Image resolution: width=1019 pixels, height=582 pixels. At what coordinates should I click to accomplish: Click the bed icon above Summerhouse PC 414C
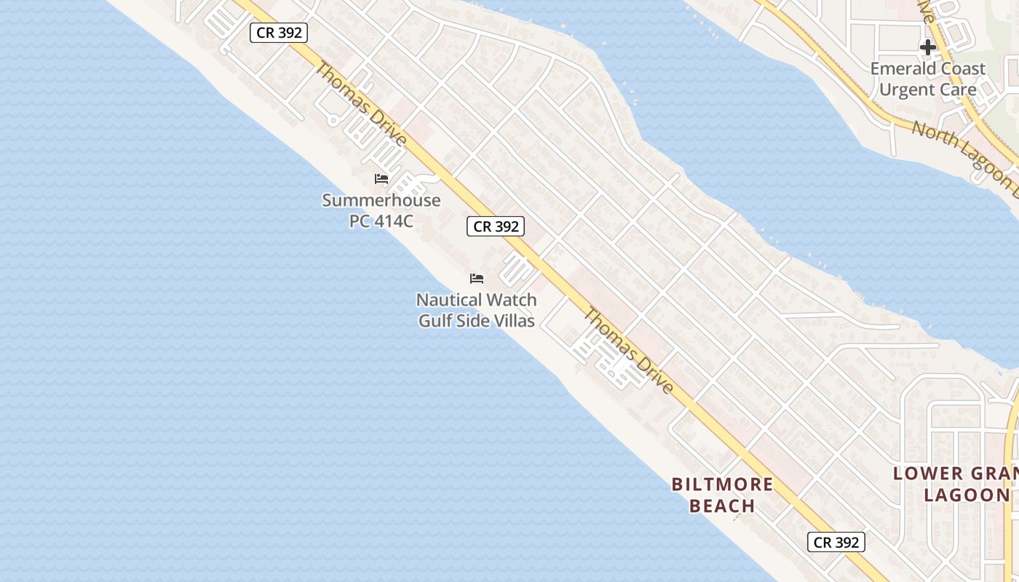[381, 179]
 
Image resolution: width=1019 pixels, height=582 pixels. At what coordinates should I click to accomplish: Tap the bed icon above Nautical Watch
[477, 278]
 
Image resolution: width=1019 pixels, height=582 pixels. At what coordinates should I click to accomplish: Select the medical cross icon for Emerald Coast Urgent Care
[927, 47]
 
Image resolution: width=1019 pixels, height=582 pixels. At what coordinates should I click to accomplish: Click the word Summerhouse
[381, 200]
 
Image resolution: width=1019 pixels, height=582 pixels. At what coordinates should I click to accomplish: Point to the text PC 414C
[381, 220]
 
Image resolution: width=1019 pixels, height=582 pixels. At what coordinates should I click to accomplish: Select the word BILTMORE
[722, 485]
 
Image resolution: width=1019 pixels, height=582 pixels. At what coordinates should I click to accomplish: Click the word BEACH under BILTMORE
[722, 506]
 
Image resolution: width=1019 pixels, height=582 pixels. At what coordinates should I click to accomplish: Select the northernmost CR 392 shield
[279, 33]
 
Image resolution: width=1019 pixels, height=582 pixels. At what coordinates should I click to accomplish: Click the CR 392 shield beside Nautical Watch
[496, 226]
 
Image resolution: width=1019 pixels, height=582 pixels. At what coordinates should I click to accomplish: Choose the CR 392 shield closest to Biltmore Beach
[836, 542]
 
